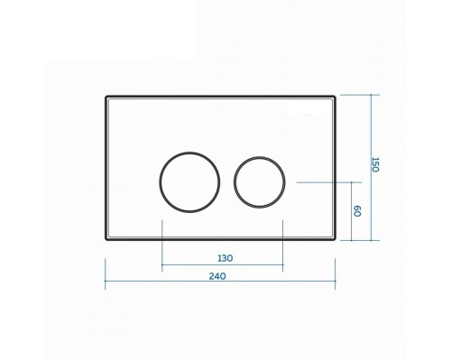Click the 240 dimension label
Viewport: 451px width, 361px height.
pyautogui.click(x=217, y=276)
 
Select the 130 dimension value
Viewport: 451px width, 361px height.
pyautogui.click(x=225, y=258)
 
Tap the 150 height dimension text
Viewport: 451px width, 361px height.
pyautogui.click(x=375, y=164)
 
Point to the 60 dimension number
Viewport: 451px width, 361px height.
pyautogui.click(x=357, y=211)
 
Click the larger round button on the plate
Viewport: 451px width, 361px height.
pyautogui.click(x=160, y=182)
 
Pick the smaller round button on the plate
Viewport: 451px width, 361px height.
pyautogui.click(x=234, y=182)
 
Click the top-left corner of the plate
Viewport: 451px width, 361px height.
pyautogui.click(x=106, y=96)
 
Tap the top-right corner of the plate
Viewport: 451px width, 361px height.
pyautogui.click(x=336, y=96)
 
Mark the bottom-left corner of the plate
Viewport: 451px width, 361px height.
pyautogui.click(x=106, y=240)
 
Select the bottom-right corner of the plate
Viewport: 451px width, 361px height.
pyautogui.click(x=336, y=240)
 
